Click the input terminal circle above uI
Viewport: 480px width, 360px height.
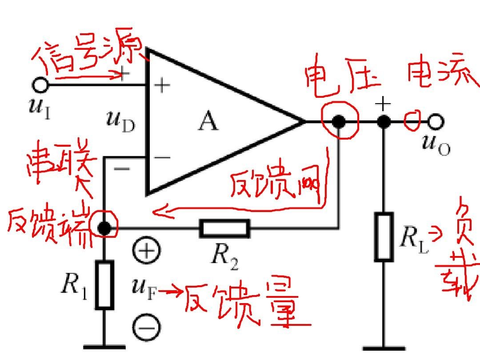click(40, 84)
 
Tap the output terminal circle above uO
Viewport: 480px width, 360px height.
click(436, 121)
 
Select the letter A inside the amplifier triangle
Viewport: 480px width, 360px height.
click(208, 121)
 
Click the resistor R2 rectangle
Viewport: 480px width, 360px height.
click(224, 228)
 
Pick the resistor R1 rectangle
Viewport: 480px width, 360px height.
click(104, 285)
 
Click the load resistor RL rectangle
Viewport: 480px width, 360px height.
click(384, 236)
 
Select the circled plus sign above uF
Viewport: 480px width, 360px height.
click(145, 251)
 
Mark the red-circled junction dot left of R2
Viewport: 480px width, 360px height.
click(104, 228)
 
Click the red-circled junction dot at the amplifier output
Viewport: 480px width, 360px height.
click(339, 121)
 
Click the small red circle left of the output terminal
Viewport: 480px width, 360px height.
click(412, 120)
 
